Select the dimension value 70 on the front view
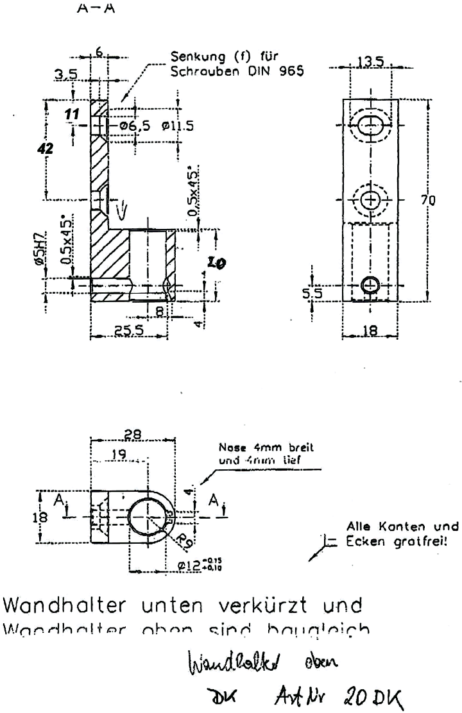(428, 201)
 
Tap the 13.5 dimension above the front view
(370, 62)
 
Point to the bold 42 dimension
(46, 148)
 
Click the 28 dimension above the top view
(133, 435)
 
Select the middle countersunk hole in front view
(370, 201)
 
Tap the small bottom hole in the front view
(370, 284)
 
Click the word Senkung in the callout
(194, 58)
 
